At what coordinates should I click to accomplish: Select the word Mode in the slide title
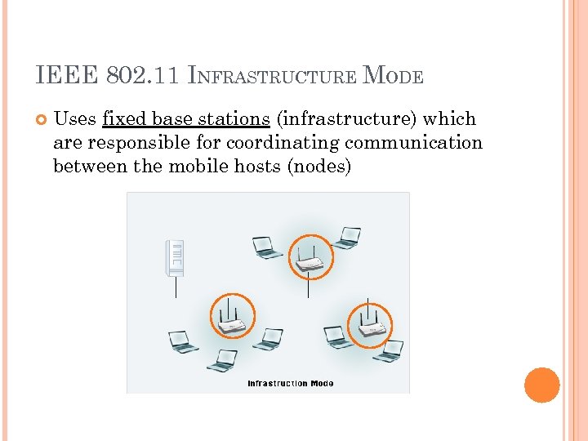(393, 77)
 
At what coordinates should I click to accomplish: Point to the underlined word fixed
(123, 119)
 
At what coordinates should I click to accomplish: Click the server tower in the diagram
(175, 258)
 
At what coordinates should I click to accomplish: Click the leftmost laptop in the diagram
(182, 341)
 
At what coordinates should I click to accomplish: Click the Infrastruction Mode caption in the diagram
(290, 383)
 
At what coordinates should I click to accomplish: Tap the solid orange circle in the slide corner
(541, 385)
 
